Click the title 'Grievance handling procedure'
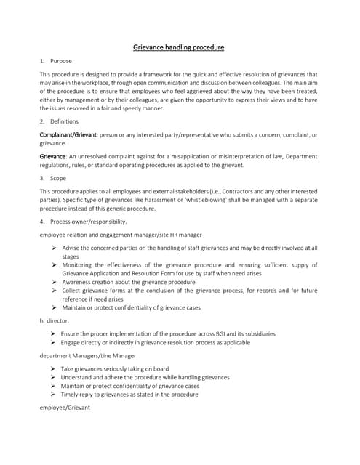click(x=179, y=47)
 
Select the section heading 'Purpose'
click(x=61, y=61)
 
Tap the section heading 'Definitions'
click(x=66, y=121)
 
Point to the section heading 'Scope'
click(x=58, y=177)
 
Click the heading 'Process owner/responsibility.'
click(x=88, y=221)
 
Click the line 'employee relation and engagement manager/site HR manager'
click(x=120, y=235)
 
